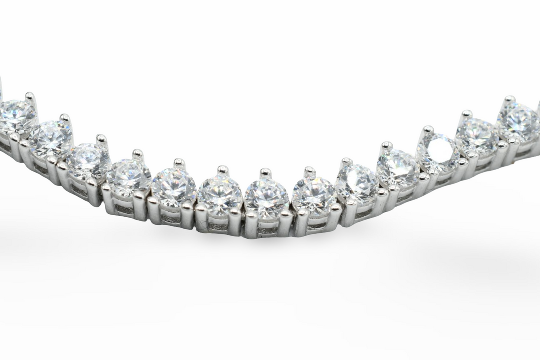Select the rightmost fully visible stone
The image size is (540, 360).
pos(518,121)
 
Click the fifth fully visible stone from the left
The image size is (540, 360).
pos(173,187)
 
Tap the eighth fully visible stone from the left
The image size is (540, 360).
pos(314,194)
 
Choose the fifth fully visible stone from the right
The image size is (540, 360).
pos(357,183)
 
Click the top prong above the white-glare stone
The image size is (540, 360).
pos(428,129)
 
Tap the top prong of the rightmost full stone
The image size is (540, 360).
pos(509,99)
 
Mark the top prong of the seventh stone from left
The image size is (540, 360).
pos(266,172)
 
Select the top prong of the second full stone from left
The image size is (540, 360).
pos(65,118)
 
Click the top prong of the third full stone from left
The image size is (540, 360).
pos(101,138)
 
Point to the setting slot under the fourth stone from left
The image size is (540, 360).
pos(124,209)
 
